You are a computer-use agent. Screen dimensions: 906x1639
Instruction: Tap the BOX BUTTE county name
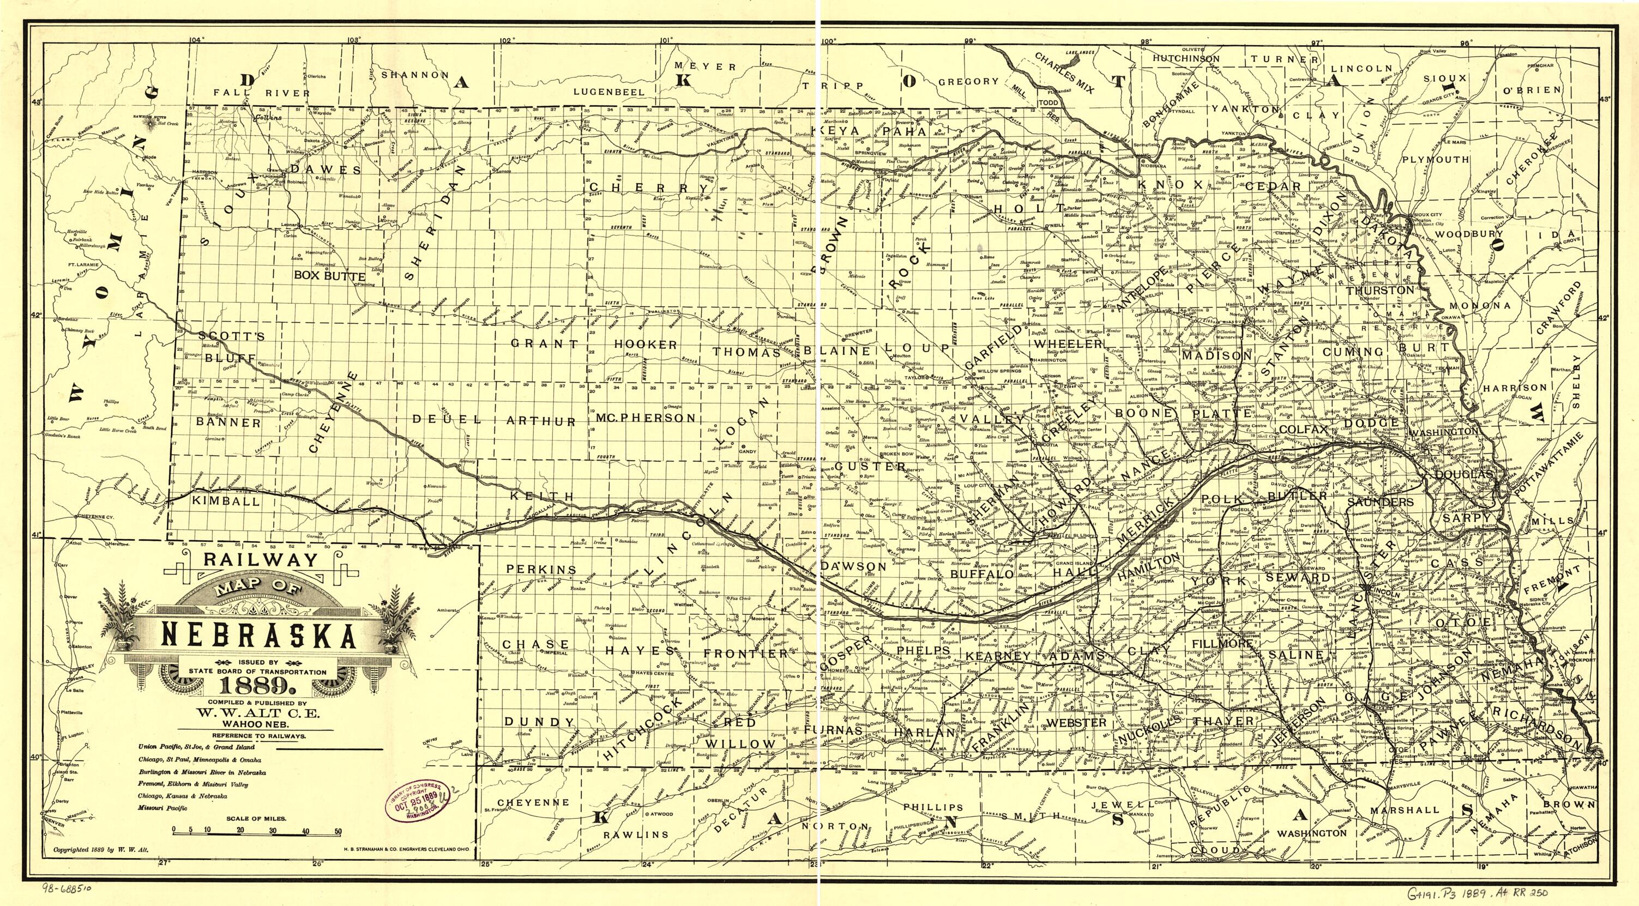(x=329, y=276)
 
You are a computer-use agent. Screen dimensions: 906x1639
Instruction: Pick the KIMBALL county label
(x=226, y=501)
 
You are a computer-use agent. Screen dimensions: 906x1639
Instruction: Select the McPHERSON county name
(x=646, y=418)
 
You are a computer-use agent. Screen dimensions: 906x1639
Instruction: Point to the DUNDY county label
(x=540, y=722)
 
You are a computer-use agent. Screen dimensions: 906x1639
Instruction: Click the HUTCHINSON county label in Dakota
(x=1186, y=58)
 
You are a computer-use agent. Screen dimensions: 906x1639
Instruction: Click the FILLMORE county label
(x=1221, y=644)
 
